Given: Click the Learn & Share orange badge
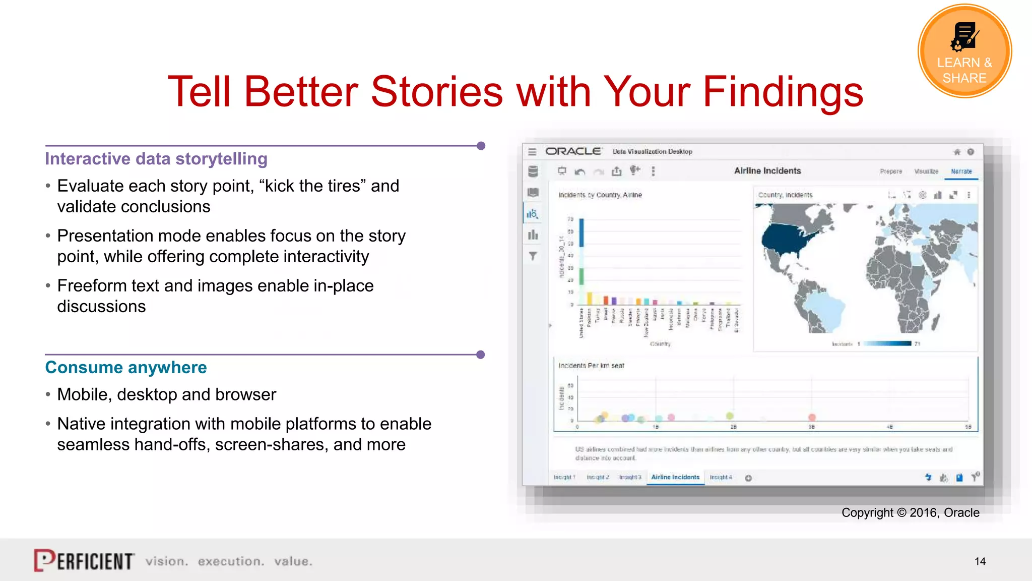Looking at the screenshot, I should pos(964,50).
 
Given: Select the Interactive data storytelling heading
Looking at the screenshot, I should pos(156,159).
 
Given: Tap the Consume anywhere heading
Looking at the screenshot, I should pos(126,367).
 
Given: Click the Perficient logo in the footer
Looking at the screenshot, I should pos(84,560).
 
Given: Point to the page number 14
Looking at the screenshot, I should pos(980,561).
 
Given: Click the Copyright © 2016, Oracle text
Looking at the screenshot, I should pos(910,512).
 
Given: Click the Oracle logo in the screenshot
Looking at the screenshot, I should pos(573,151).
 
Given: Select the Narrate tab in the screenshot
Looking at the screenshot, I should pos(961,171).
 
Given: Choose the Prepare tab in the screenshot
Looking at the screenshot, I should pos(890,171).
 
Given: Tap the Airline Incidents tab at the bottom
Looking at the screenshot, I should pos(675,477).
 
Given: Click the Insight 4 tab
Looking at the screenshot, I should pos(721,477).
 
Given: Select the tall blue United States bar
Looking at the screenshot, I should pos(582,232).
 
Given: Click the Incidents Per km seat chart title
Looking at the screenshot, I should pos(591,366).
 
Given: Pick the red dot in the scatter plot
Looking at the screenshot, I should pos(812,417).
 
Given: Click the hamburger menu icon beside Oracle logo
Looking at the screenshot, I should pos(532,152).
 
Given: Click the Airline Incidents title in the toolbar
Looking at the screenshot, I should pos(767,171).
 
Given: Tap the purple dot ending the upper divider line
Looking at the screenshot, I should pos(481,146).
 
